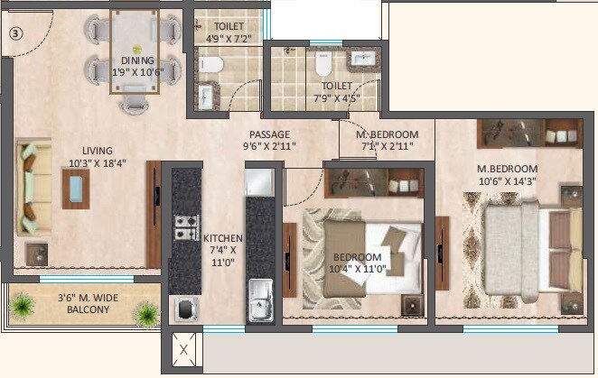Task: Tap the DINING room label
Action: [138, 66]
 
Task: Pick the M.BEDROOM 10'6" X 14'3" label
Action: [507, 175]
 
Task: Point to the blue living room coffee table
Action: [76, 188]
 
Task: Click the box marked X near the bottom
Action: [183, 350]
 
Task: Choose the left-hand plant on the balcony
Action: [20, 309]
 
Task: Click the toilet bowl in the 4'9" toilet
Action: [210, 65]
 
